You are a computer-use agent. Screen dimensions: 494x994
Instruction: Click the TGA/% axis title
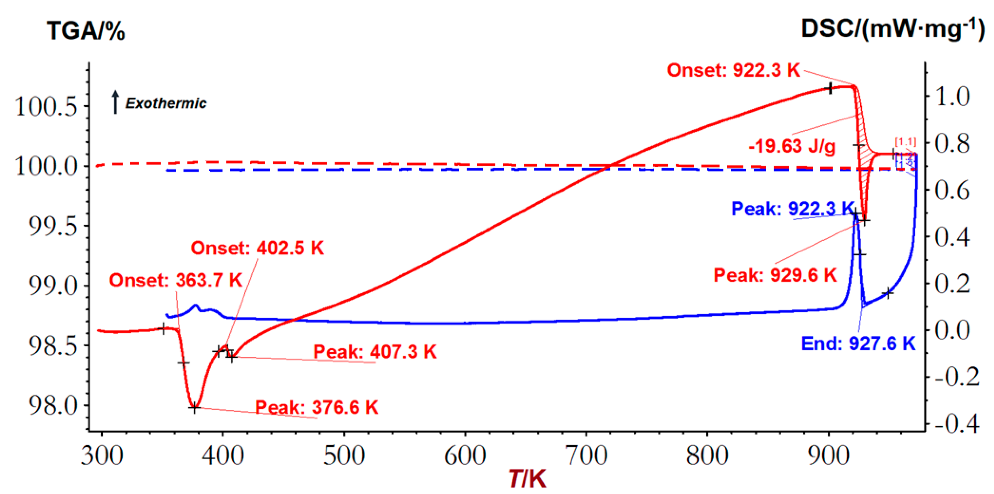[86, 31]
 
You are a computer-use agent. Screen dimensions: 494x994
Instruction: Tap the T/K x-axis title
[527, 479]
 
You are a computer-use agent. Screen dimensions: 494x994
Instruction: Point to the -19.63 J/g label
[792, 146]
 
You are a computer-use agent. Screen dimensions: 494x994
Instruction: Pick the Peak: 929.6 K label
[775, 275]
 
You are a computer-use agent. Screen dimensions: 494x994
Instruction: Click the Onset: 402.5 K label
[257, 248]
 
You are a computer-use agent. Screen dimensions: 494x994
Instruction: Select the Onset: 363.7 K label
[176, 280]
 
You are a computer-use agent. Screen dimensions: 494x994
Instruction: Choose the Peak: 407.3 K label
[375, 352]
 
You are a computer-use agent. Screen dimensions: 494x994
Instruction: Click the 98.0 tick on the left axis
[53, 406]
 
